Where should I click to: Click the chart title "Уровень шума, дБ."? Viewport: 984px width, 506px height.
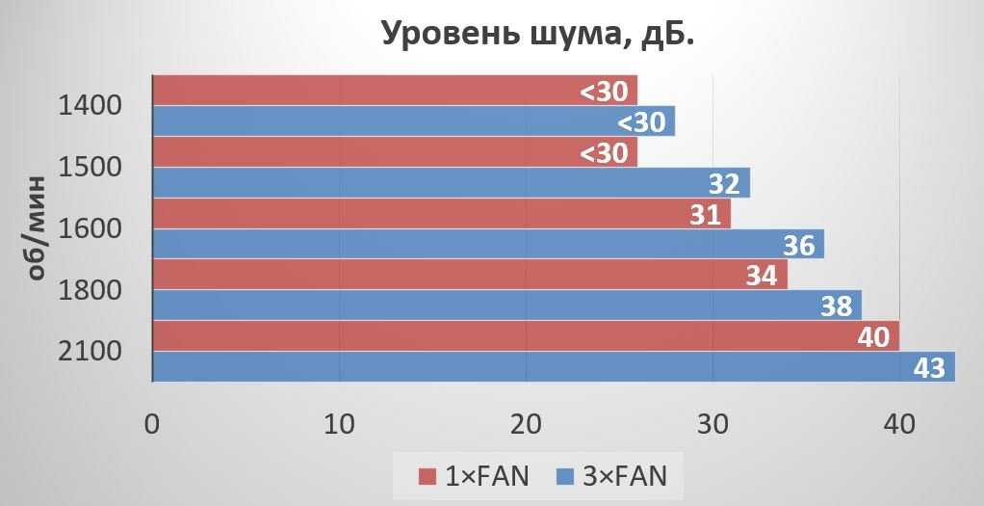(537, 34)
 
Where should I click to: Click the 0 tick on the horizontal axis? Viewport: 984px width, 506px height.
(152, 424)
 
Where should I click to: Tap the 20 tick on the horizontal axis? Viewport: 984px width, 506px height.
(526, 424)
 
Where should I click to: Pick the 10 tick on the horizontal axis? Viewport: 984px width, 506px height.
(339, 424)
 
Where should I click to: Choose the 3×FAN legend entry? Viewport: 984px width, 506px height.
(612, 475)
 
